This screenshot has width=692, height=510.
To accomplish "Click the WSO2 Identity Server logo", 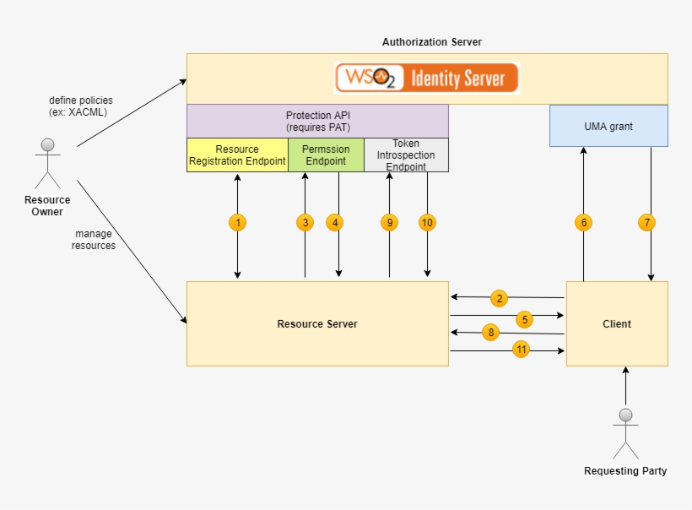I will tap(427, 78).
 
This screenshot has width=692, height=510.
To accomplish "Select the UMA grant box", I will tap(608, 126).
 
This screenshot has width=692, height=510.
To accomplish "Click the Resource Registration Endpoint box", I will tap(237, 155).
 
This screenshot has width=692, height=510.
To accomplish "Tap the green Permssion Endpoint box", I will tap(326, 155).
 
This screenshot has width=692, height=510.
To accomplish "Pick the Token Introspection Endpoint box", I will tap(406, 155).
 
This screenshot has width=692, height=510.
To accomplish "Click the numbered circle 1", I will tap(238, 223).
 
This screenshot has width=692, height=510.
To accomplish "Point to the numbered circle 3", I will tap(305, 223).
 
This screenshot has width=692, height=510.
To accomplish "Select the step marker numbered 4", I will tap(336, 223).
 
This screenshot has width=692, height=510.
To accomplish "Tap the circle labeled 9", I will tap(389, 223).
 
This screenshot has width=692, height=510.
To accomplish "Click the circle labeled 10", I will tap(427, 223).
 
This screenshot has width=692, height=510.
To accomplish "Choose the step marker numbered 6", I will tap(583, 223).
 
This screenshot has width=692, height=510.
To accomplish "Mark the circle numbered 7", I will tap(647, 223).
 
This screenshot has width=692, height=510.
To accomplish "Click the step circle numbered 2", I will tap(500, 298).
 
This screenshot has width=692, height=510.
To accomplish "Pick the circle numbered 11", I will tap(521, 350).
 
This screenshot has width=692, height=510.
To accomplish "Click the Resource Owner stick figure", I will tap(47, 163).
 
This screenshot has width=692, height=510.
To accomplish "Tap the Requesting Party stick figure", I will tap(625, 433).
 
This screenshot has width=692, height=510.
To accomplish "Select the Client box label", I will tap(617, 324).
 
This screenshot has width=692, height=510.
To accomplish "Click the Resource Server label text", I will tap(317, 324).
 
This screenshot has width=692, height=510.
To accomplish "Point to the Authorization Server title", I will tap(432, 41).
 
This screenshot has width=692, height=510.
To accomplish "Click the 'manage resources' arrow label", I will tap(93, 240).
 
